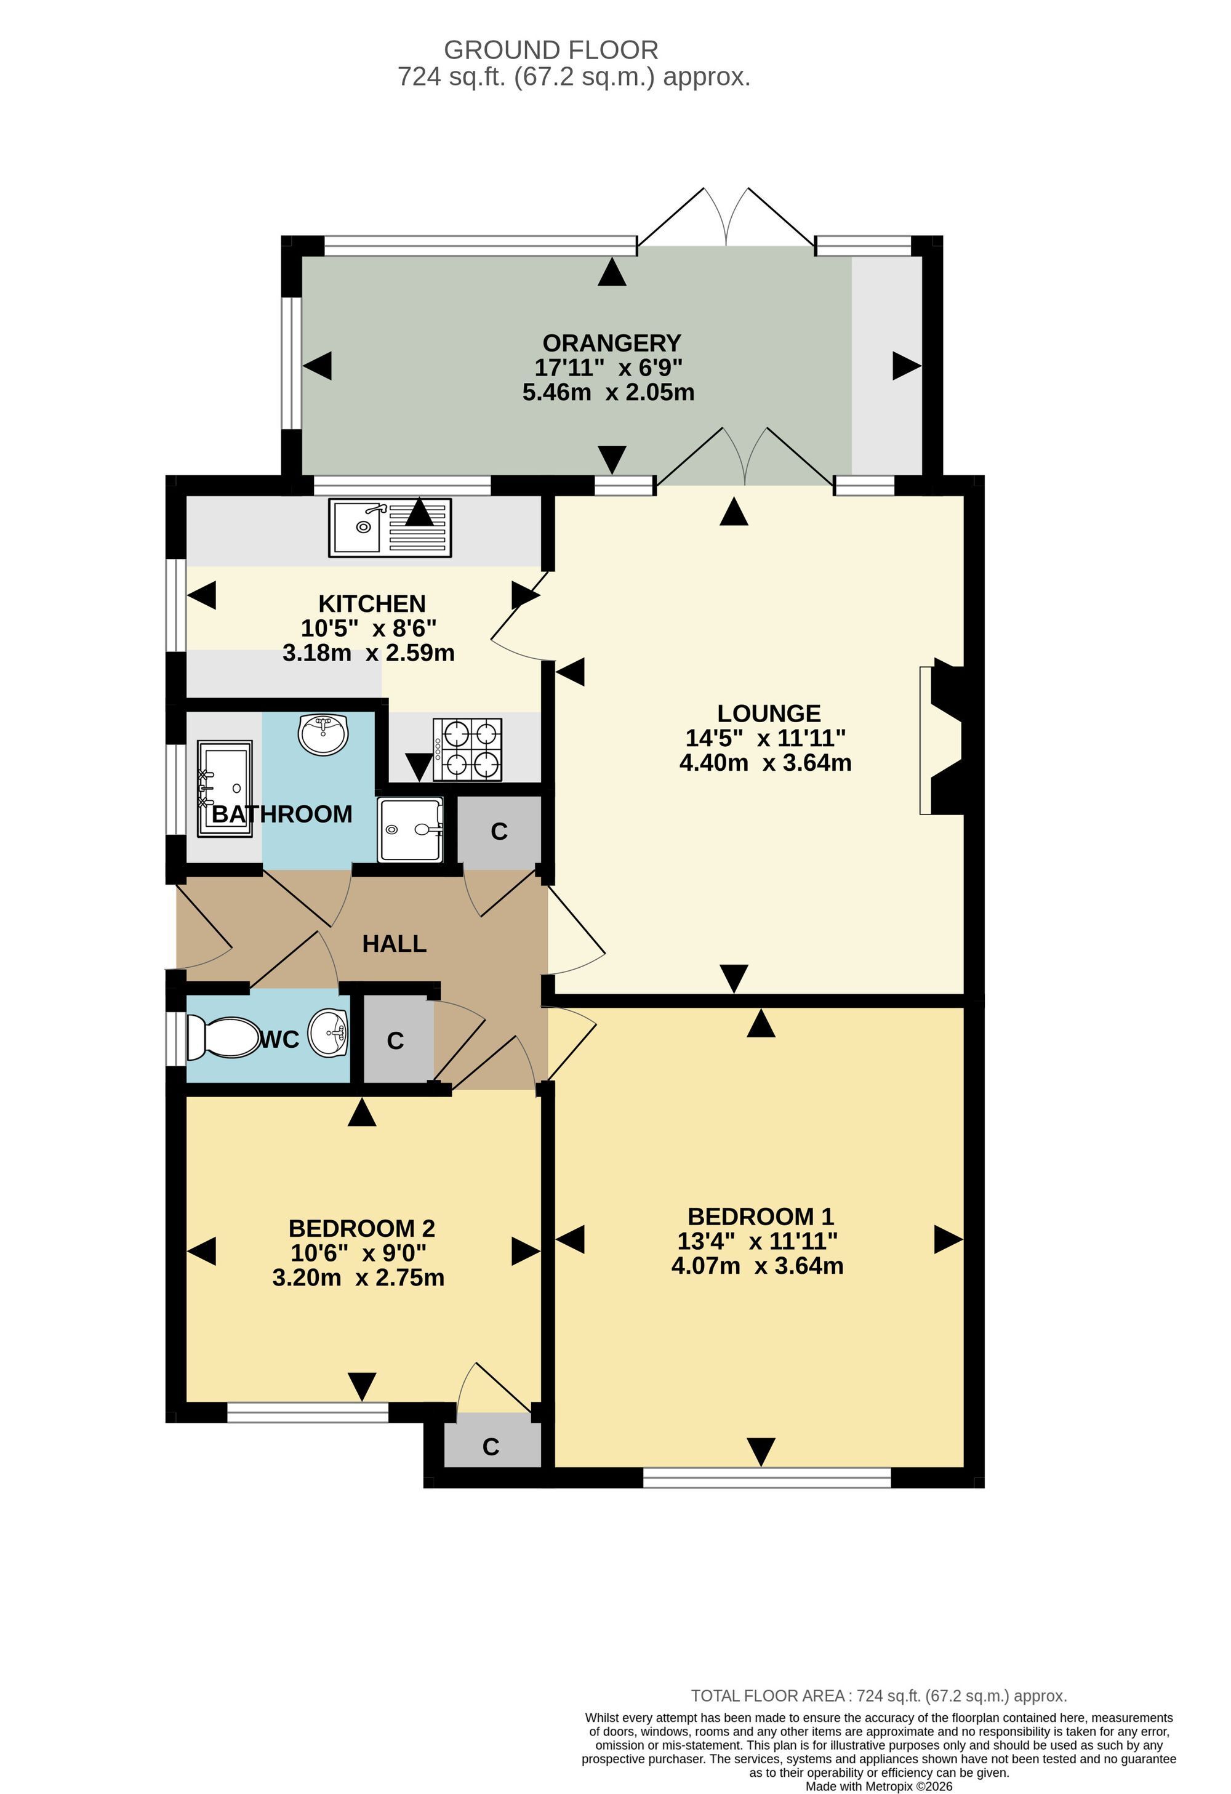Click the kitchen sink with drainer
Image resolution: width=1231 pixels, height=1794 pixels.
[390, 528]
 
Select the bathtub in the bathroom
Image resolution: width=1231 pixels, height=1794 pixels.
[225, 788]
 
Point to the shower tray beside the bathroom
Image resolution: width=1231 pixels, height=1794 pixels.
[411, 829]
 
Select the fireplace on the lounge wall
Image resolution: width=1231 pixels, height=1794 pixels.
[941, 741]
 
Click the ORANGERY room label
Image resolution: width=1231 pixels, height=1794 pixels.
[612, 343]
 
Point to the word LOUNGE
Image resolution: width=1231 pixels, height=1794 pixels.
[769, 714]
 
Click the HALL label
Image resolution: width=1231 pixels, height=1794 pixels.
[395, 943]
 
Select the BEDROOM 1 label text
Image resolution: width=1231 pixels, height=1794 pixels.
[761, 1217]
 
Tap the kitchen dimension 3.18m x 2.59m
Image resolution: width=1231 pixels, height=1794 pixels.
[369, 653]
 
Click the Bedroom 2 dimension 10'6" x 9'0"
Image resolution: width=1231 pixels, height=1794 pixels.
[359, 1252]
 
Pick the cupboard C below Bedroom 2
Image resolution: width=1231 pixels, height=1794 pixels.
[491, 1446]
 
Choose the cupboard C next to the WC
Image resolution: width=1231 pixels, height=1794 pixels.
[395, 1040]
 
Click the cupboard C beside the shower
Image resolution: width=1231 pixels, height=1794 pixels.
[499, 831]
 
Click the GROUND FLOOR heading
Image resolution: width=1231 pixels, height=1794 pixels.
[551, 50]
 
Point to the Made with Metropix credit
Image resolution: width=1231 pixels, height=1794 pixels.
[879, 1786]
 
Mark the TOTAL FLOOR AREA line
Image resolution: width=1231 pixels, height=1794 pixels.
[879, 1696]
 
